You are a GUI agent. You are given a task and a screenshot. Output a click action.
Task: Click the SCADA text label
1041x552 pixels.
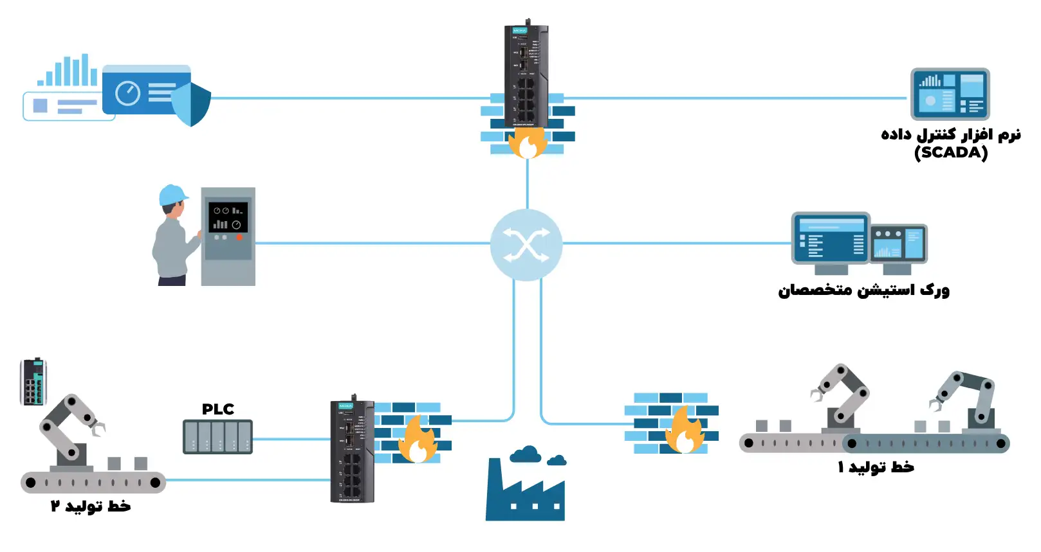click(x=950, y=153)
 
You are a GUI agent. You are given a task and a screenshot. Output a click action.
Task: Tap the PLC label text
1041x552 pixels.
click(x=217, y=409)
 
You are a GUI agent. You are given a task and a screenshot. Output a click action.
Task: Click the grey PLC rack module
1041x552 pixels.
click(x=217, y=437)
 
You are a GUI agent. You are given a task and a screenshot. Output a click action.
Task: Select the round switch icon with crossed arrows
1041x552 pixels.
click(x=526, y=245)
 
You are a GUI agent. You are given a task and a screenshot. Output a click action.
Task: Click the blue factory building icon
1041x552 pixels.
click(x=525, y=488)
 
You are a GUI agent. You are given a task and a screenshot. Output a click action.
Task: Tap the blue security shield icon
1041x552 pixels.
click(x=192, y=103)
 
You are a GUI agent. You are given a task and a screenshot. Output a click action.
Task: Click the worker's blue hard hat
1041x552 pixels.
click(x=172, y=195)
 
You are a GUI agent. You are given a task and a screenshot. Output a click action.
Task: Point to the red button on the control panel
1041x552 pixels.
click(x=239, y=237)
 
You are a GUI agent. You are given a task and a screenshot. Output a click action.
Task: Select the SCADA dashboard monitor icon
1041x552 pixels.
click(x=950, y=94)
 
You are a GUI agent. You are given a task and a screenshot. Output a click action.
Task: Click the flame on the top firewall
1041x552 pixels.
click(x=527, y=143)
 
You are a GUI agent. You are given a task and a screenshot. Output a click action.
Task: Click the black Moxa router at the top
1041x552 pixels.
click(x=526, y=74)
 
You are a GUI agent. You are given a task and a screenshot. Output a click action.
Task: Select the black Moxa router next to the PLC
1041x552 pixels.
click(x=352, y=450)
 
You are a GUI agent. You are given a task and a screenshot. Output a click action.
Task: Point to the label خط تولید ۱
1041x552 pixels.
click(x=875, y=467)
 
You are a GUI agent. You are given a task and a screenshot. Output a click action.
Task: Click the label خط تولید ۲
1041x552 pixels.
click(x=91, y=506)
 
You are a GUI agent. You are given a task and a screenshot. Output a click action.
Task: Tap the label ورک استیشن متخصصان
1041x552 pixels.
click(x=863, y=290)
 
